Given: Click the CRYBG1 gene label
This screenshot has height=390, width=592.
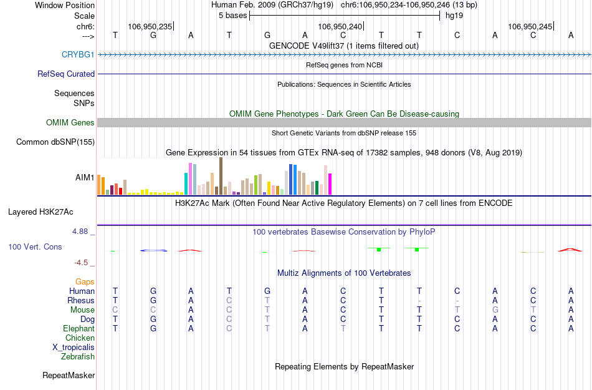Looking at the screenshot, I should coord(78,54).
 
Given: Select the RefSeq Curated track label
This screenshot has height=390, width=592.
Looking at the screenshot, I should coord(66,74).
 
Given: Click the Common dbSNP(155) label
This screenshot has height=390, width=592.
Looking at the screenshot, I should coord(55,142).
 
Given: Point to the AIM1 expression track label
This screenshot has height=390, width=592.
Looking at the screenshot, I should coord(85,177).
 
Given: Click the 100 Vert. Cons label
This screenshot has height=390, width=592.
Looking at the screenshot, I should coord(35,246).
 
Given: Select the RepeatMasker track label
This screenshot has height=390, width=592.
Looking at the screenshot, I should coord(69,375).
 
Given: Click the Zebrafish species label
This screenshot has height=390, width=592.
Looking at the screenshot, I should coord(78,357).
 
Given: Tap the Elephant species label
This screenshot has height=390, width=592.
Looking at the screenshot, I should coord(79,328).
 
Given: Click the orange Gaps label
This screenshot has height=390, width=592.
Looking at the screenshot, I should coord(85,281).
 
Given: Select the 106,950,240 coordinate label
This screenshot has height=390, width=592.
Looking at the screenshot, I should coord(340,26).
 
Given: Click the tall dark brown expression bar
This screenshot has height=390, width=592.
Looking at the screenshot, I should coord(221,176).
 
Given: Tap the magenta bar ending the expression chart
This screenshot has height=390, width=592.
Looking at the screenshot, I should coord(330,183).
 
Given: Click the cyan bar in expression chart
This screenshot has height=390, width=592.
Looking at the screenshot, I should coord(186,183).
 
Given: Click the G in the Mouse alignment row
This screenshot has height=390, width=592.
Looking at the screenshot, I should coord(495,310).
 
